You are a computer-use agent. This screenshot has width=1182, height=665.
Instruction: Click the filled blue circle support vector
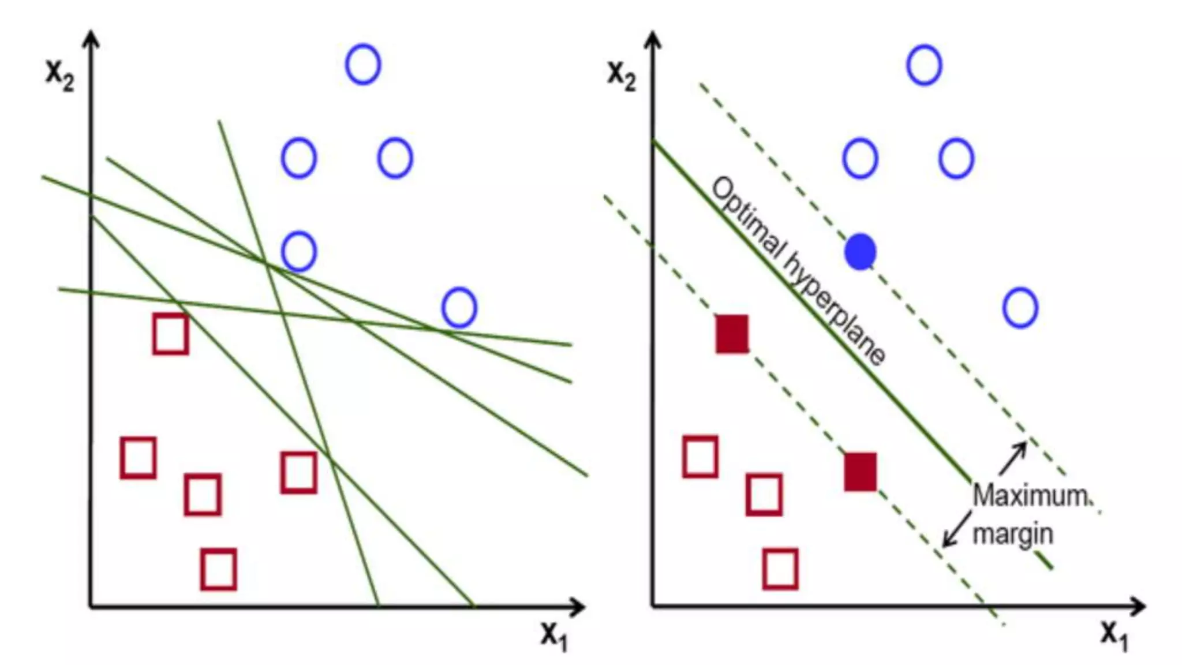coord(860,252)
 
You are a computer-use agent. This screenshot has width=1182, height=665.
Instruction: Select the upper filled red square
coord(732,334)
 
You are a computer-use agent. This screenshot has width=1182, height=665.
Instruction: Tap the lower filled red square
coord(860,472)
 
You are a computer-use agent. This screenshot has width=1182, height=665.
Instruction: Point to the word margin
coord(1012,534)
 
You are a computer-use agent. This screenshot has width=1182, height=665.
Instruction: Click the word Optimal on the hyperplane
coord(748,219)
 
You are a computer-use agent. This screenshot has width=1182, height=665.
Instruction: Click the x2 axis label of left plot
coord(60,74)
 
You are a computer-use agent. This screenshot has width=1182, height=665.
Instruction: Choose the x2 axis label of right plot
coord(622,74)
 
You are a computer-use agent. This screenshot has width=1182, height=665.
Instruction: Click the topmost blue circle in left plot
coord(363,64)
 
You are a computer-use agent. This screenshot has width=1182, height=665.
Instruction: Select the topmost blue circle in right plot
coord(924,65)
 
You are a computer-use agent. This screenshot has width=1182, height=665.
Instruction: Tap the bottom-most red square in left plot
coord(218,570)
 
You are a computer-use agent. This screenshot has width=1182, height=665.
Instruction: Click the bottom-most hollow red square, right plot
coord(780,570)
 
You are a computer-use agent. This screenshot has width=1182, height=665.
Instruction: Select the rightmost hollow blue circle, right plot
coord(1020,308)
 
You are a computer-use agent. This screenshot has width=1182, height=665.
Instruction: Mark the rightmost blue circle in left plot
coord(459,308)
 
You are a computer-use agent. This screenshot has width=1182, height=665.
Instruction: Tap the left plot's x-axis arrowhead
coord(577,607)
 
